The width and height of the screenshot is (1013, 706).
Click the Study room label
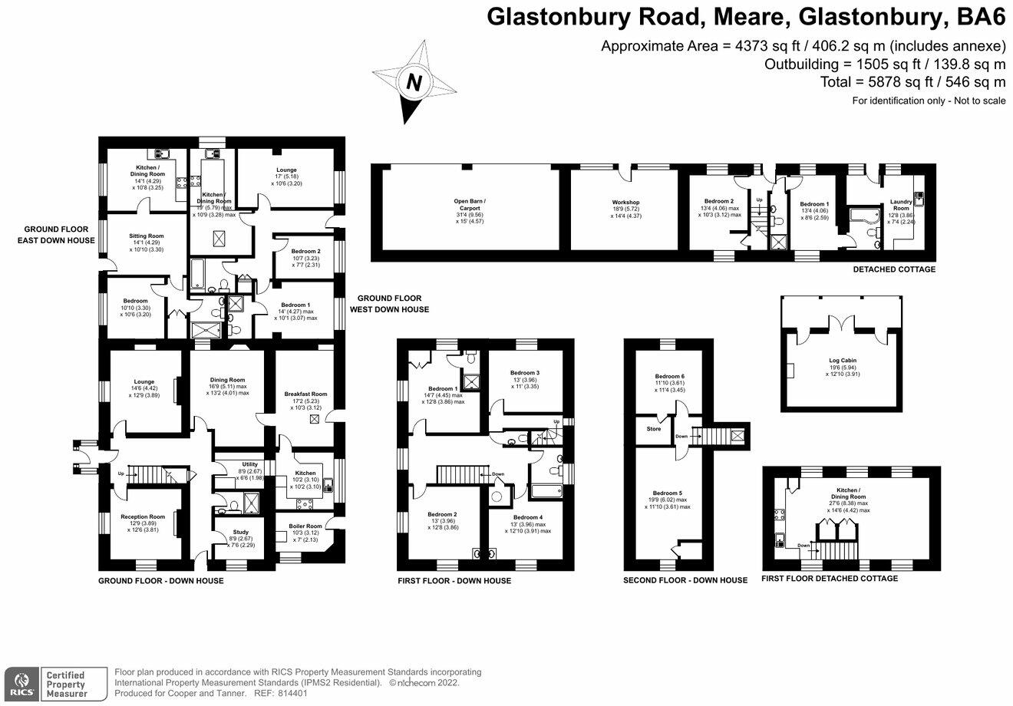pos(229,532)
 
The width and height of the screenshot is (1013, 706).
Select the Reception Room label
pos(143,516)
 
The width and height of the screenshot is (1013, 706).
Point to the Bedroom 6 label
pos(668,376)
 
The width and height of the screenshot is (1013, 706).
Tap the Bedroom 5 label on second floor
pos(668,493)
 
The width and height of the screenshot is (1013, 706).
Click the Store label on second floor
pos(653,429)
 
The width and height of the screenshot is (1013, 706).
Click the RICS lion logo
pos(21,679)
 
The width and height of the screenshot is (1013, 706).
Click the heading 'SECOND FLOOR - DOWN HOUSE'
pos(685,580)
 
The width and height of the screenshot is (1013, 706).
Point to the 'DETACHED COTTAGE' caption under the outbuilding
pos(894,270)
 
